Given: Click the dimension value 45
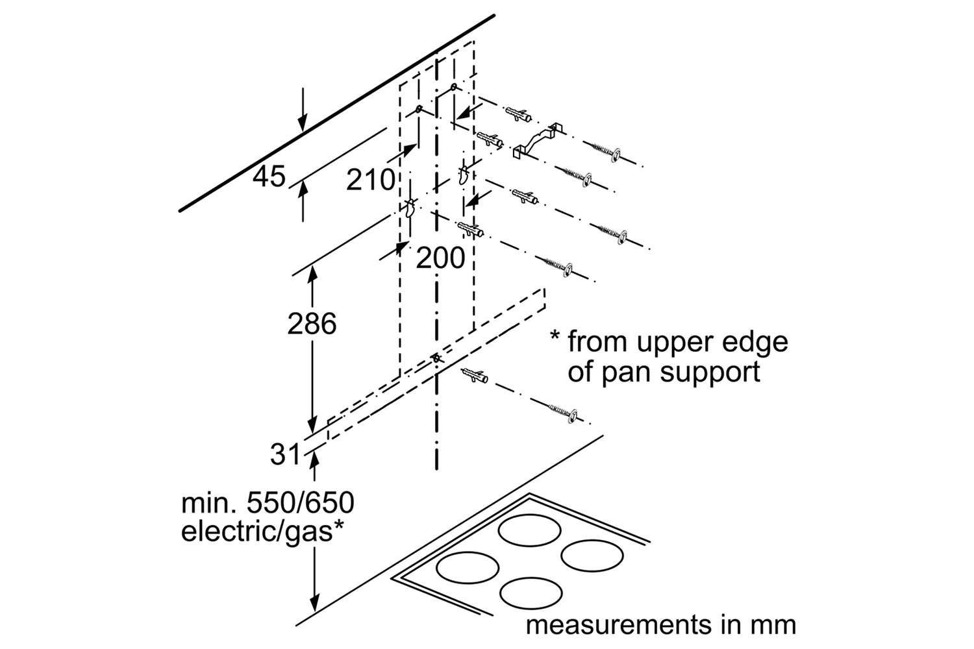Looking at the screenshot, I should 269,177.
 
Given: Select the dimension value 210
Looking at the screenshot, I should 370,180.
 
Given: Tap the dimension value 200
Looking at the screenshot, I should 440,258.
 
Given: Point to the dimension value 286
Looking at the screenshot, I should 312,323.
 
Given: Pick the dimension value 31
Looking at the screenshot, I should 286,454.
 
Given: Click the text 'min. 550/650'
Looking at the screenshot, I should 268,503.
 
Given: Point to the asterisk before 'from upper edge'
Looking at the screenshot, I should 555,337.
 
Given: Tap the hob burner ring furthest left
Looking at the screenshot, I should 468,567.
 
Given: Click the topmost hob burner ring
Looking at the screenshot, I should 531,529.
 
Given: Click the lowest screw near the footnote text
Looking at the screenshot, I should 562,412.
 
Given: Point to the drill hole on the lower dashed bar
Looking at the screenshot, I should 436,358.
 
